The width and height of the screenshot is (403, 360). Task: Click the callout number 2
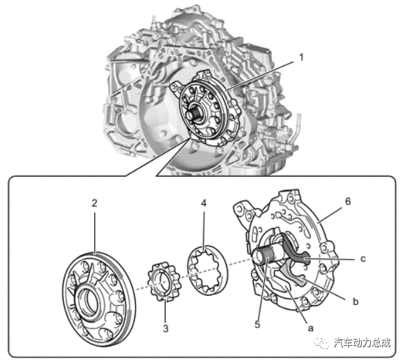(x=94, y=202)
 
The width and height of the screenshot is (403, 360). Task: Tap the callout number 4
(x=203, y=202)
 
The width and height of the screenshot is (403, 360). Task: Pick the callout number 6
(x=348, y=202)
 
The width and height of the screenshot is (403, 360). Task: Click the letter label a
(x=310, y=325)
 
